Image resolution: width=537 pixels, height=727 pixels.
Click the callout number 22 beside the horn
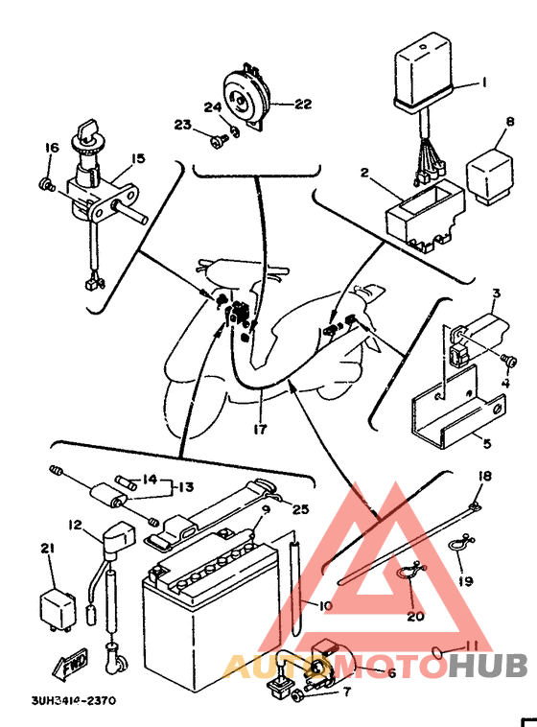303,104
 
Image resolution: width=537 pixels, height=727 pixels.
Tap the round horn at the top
245,98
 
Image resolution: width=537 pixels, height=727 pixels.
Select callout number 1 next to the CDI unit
484,82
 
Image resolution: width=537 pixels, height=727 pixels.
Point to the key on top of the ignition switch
86,129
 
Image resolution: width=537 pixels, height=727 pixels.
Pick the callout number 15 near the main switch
137,158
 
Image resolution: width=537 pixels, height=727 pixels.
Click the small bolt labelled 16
45,184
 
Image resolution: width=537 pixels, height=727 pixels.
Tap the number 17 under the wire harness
260,429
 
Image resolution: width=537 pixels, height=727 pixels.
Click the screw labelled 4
509,360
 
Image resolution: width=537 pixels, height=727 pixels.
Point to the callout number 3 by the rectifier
496,293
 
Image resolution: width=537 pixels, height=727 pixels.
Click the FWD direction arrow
71,665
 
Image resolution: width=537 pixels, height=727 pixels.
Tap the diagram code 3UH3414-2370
73,699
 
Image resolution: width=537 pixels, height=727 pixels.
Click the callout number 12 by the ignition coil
75,525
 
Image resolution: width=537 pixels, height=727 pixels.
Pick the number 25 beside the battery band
299,508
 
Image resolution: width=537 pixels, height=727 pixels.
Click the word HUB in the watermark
488,665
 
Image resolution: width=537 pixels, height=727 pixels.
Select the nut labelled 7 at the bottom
297,695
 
